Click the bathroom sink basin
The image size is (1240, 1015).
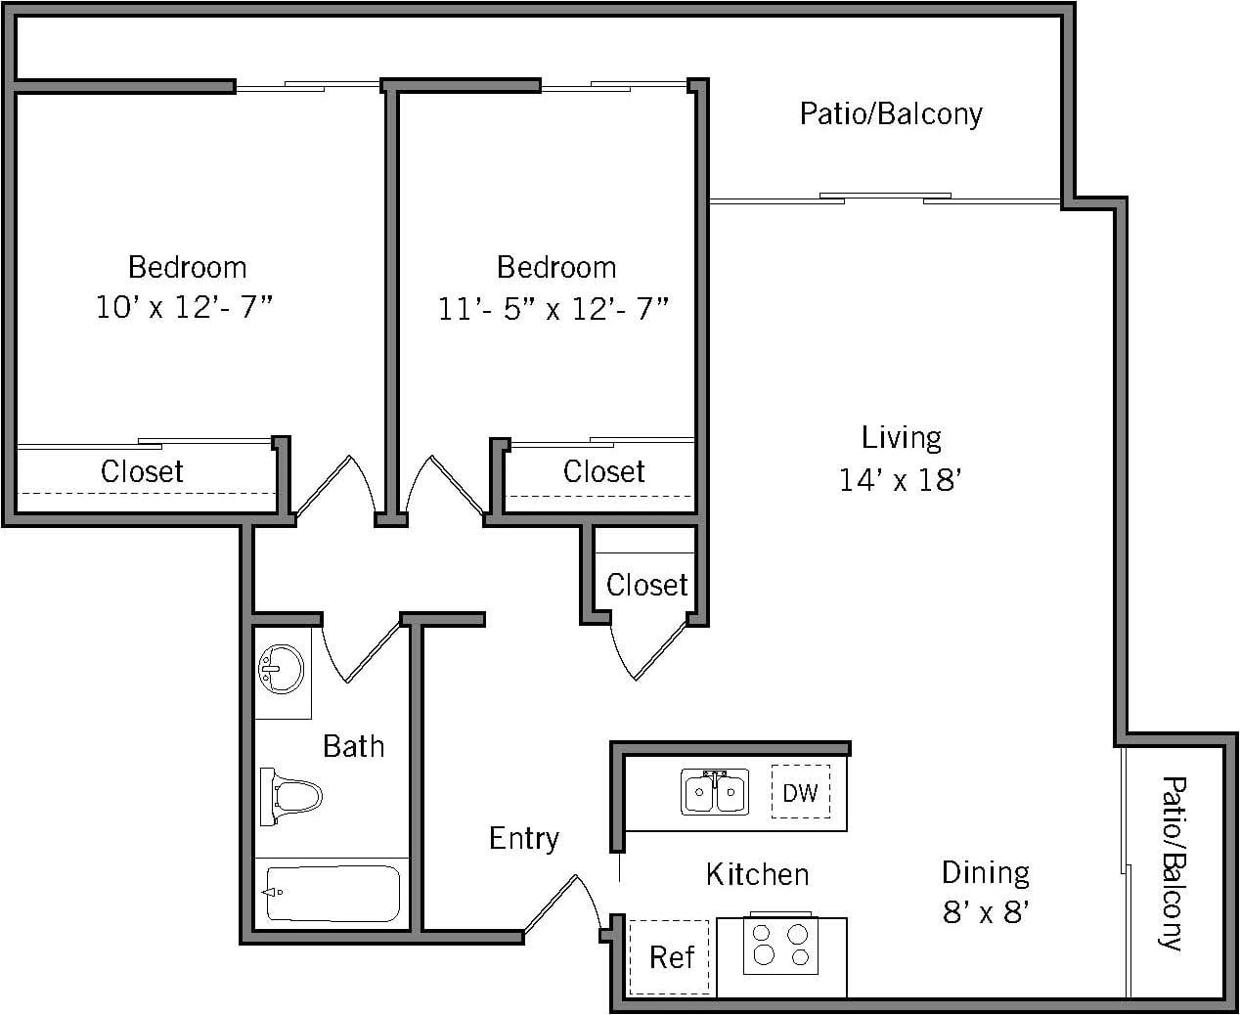point(281,670)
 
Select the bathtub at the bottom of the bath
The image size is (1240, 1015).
point(332,893)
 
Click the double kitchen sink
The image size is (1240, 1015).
point(715,791)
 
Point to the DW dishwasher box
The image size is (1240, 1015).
point(800,792)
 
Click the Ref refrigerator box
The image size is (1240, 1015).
point(670,956)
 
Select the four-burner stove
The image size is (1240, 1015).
point(780,946)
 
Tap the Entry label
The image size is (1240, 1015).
point(524,838)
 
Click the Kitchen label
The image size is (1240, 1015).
point(757,873)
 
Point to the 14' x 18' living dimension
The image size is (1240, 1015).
point(901,480)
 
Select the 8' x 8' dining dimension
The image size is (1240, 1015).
point(986,912)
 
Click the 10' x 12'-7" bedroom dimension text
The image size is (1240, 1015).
point(185,307)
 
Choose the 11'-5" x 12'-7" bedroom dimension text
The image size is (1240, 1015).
point(554,309)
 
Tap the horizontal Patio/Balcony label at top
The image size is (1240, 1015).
point(890,113)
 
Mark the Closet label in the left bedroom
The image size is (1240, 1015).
point(142,471)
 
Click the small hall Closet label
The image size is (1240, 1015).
point(646,585)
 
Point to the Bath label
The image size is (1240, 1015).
point(353,746)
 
